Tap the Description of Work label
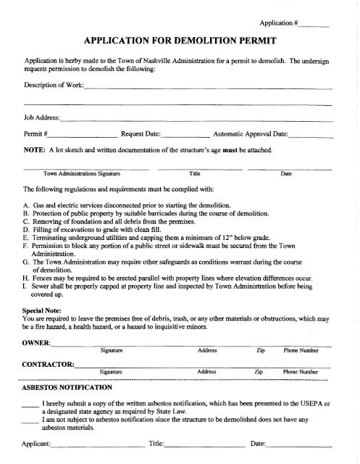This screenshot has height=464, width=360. point(54,88)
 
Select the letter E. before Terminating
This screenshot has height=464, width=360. point(27,237)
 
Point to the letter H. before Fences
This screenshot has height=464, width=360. point(28,278)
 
